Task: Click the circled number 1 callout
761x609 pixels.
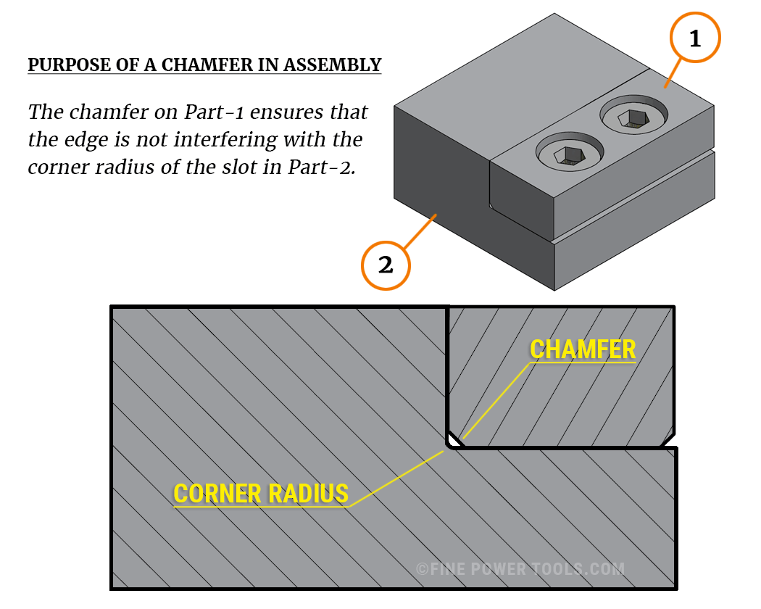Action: (x=695, y=39)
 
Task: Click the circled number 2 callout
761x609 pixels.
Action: (x=386, y=265)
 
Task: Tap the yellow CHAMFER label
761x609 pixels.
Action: (x=583, y=349)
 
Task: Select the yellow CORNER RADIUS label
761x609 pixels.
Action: (x=261, y=494)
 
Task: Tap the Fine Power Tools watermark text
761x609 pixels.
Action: (x=520, y=569)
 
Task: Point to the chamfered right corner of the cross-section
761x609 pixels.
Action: (x=668, y=439)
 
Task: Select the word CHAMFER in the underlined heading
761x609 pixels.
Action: (x=199, y=65)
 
